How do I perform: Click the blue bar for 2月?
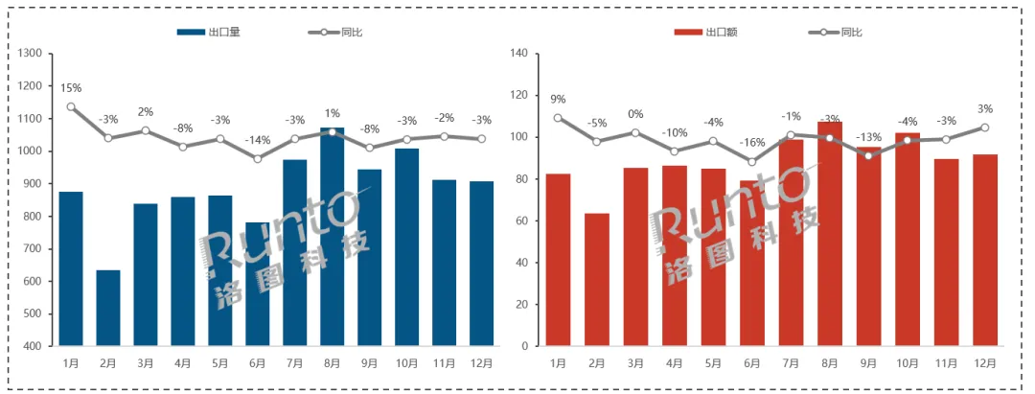[108, 308]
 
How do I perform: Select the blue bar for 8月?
[332, 236]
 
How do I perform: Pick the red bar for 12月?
[984, 249]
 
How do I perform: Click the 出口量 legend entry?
[209, 32]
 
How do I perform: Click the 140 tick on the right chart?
[520, 54]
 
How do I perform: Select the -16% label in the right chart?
[752, 142]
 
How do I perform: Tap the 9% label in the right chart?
[558, 99]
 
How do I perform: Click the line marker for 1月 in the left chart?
[71, 106]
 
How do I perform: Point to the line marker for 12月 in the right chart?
[984, 127]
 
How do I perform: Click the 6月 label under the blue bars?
[258, 363]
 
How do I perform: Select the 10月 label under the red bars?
[908, 363]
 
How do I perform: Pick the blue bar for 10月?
[407, 246]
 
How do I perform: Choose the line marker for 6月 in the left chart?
[258, 158]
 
